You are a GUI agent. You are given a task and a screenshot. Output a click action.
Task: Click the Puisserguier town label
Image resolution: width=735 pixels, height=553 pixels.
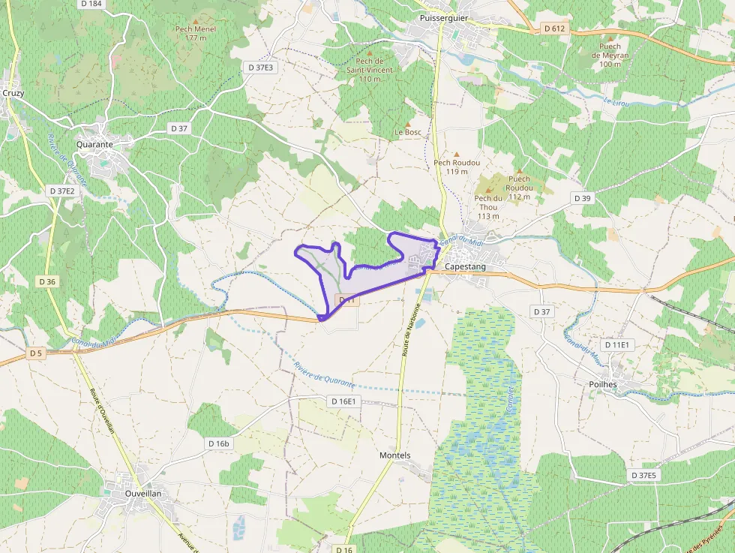point(445,17)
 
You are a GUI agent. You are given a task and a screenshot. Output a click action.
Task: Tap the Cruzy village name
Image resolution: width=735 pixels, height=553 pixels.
point(13,93)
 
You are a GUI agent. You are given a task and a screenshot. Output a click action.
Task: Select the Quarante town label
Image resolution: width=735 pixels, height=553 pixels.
point(94,145)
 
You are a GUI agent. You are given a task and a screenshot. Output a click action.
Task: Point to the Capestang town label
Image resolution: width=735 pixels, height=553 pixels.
point(465,266)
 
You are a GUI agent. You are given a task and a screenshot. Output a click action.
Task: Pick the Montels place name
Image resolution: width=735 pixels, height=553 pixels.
point(395,455)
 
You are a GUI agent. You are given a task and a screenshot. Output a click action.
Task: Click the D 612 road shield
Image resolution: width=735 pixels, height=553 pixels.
point(554,29)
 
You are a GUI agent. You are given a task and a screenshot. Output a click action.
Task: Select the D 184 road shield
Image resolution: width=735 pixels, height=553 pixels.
point(91,4)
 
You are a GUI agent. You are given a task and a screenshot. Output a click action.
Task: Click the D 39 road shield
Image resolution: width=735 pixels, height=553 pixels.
point(582,198)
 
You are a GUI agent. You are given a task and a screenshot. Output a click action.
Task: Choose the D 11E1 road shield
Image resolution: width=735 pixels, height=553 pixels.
point(619,344)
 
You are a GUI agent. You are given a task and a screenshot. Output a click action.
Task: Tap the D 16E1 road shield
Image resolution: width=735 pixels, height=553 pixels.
point(343,401)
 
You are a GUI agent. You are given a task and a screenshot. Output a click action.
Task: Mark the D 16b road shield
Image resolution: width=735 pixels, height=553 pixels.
point(219,443)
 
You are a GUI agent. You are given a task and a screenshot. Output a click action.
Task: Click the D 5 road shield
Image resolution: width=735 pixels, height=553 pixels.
point(36,353)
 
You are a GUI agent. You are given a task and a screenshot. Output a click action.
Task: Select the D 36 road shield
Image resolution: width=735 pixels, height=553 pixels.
point(46,281)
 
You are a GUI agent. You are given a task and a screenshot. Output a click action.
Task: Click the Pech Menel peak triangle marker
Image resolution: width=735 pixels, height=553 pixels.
point(196,20)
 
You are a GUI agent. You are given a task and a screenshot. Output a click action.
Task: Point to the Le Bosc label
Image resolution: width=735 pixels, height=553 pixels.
point(408,132)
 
